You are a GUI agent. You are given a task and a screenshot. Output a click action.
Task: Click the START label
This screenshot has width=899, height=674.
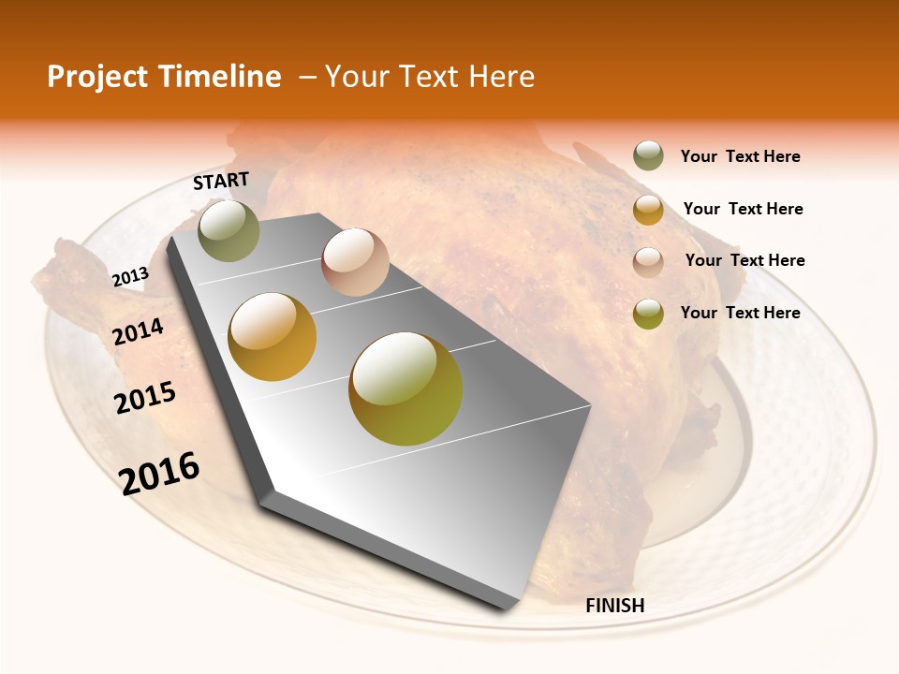click(x=221, y=181)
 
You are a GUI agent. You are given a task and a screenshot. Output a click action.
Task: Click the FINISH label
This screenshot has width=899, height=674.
click(x=615, y=606)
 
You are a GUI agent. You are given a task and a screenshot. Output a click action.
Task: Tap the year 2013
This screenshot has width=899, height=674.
click(x=130, y=277)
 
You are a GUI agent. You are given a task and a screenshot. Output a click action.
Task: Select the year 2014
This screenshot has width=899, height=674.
click(x=139, y=332)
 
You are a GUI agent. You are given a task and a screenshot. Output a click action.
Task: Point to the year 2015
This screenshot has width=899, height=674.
click(x=145, y=398)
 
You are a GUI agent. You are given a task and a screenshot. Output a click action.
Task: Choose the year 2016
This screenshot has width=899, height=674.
click(x=159, y=474)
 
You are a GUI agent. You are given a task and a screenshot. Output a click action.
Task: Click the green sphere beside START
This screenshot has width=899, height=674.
click(x=228, y=230)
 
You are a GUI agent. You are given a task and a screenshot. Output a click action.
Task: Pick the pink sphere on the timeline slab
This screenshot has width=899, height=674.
click(x=355, y=261)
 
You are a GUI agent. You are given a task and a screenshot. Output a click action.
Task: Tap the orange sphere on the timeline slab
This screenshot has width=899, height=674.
click(x=272, y=337)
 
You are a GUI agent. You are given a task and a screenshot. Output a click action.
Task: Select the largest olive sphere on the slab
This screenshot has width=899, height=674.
click(x=405, y=388)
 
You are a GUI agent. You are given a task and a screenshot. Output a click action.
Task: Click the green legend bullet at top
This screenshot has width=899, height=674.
click(x=648, y=156)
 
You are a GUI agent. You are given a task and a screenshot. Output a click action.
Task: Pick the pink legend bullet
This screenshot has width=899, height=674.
click(x=648, y=261)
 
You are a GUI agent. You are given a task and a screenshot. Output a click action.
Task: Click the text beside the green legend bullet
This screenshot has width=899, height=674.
click(x=740, y=156)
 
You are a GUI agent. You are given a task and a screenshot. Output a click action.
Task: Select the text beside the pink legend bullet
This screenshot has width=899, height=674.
click(x=744, y=260)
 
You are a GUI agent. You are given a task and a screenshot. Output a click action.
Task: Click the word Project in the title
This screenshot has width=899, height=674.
click(x=96, y=77)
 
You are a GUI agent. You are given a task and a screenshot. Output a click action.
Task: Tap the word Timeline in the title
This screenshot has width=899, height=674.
click(x=221, y=77)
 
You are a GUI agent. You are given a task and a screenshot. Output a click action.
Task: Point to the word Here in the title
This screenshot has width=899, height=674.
click(x=501, y=77)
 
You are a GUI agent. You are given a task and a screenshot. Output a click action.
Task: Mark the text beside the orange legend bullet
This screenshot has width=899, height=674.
click(x=743, y=209)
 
